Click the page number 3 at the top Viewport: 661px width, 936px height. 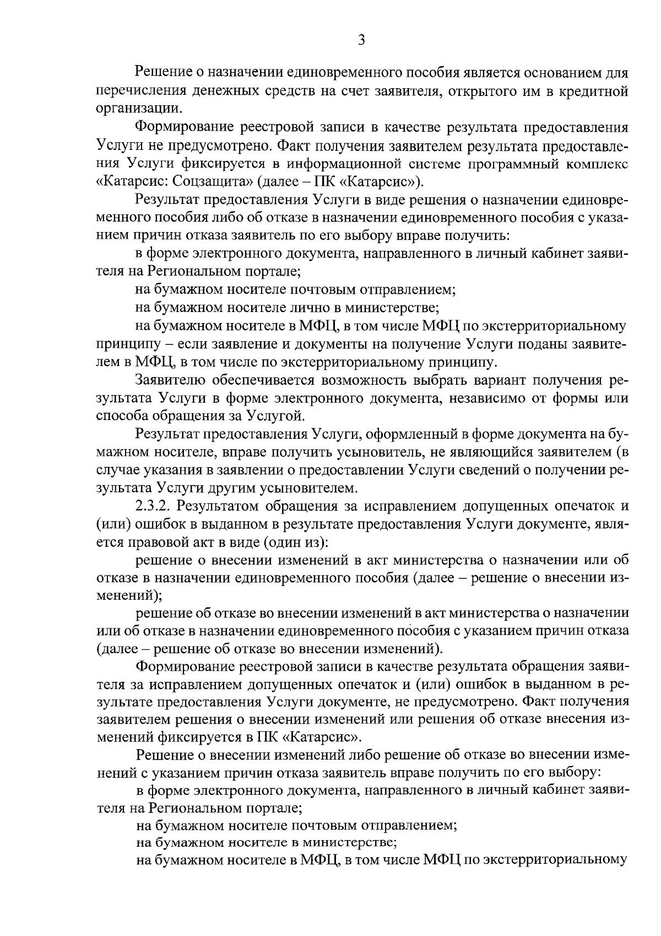point(361,40)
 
